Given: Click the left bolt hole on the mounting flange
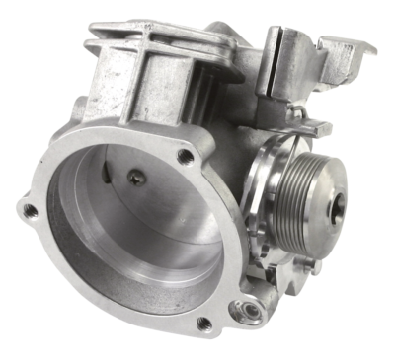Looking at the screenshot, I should pos(31,210).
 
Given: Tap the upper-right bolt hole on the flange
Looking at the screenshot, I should pos(184,156).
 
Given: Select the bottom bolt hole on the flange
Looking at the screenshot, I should pos(204,324).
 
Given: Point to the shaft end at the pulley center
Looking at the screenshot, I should pos(341,204).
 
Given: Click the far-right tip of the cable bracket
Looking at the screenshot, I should pos(373,46).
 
